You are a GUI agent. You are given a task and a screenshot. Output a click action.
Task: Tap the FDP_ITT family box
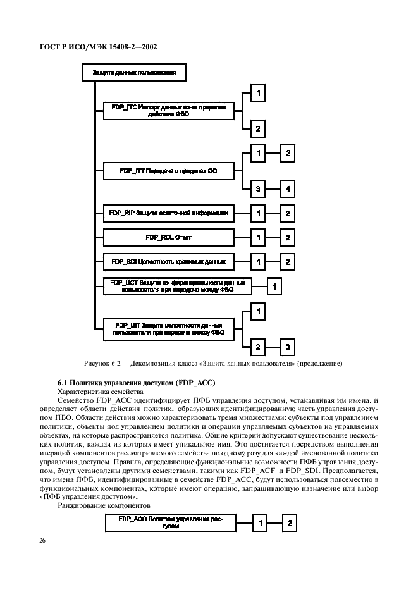click(x=168, y=170)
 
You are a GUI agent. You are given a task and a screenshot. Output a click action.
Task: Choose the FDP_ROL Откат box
click(x=168, y=238)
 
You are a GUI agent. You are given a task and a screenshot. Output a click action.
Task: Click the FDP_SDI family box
click(x=168, y=261)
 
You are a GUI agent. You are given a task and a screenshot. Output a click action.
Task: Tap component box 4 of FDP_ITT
click(x=286, y=188)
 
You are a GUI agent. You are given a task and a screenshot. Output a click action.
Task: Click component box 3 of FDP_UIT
click(x=286, y=347)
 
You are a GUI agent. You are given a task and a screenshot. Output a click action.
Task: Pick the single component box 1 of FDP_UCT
click(x=274, y=287)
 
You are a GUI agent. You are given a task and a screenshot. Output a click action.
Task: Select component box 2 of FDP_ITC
click(x=257, y=128)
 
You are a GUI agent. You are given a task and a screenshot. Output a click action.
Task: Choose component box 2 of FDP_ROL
click(x=286, y=238)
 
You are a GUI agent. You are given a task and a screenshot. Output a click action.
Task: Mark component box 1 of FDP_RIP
click(x=257, y=214)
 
